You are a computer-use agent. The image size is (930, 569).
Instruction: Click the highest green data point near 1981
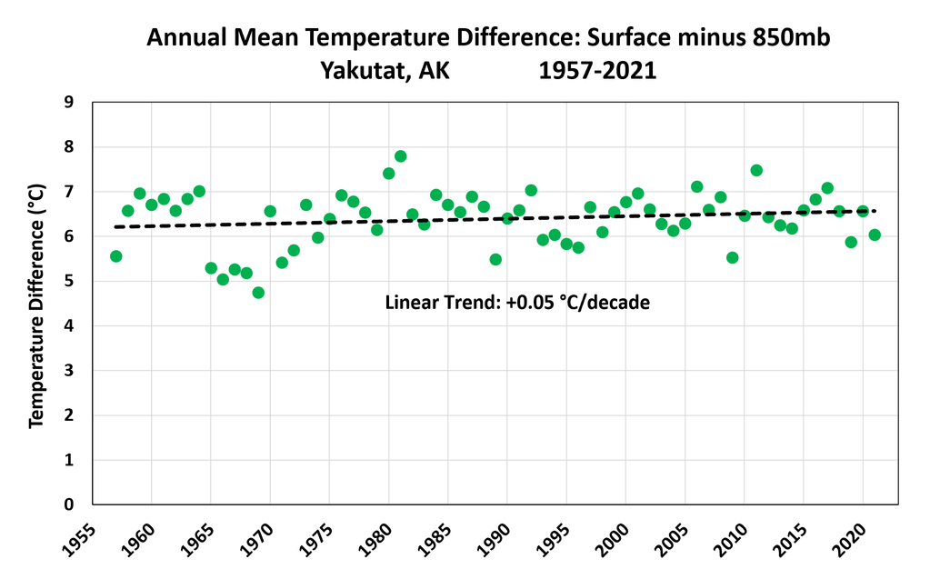coord(400,156)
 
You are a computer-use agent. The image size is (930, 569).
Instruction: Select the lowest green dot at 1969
coord(258,293)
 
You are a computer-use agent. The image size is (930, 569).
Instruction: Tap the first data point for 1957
coord(115,256)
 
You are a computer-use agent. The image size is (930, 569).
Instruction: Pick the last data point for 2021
coord(875,235)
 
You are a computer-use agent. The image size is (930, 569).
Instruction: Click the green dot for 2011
coord(756,171)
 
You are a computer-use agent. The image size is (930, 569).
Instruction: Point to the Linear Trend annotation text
coord(518,303)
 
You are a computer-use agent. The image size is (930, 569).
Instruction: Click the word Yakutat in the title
coord(362,69)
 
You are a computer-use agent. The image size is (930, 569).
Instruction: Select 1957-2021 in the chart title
coord(596,69)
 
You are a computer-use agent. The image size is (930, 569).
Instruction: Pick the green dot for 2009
coord(733,257)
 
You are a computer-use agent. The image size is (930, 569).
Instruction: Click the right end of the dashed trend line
coord(875,211)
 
